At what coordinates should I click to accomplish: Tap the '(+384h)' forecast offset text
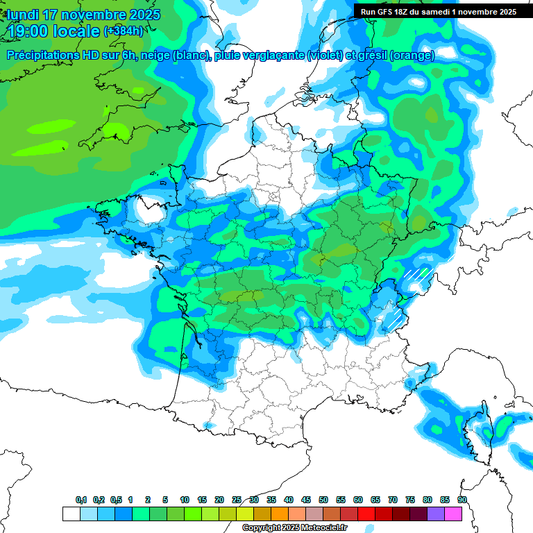point(124,31)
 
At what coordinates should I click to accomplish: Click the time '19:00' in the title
point(28,31)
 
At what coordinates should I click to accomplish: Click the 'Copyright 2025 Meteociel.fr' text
point(294,528)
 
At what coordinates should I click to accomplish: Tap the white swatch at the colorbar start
point(71,514)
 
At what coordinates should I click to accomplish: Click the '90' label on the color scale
point(462,500)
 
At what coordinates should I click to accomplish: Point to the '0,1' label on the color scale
point(81,500)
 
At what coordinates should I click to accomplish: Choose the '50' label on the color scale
point(323,500)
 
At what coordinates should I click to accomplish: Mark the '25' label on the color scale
point(237,500)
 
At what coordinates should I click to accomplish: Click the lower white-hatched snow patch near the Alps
point(394,319)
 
